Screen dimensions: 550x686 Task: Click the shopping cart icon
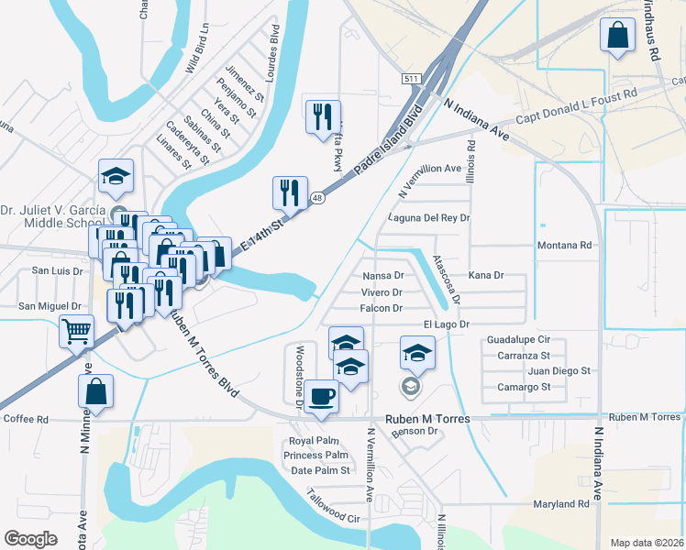pos(76,330)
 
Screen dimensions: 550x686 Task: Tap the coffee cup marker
pos(321,396)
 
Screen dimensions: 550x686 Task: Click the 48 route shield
pos(316,197)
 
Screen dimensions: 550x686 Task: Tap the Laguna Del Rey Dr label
pos(428,218)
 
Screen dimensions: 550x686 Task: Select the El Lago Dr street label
pos(446,324)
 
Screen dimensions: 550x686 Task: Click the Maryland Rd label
pos(559,504)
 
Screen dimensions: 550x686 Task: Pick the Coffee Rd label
pos(26,419)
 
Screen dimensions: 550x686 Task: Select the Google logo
pos(30,538)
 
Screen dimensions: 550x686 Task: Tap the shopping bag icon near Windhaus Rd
pos(618,36)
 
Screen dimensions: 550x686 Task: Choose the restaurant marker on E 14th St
pos(290,192)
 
